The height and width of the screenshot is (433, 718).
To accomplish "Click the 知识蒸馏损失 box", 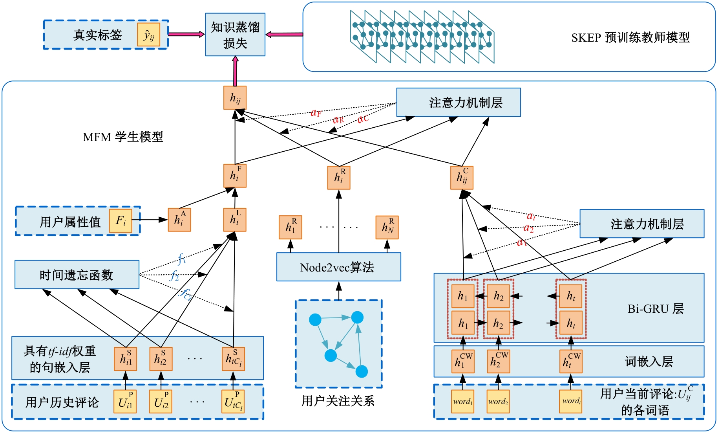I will tap(235, 35).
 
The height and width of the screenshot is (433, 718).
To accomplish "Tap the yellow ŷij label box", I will tap(148, 35).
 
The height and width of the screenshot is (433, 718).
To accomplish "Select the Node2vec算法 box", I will tap(338, 267).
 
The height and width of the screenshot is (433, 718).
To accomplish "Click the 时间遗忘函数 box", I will tap(77, 275).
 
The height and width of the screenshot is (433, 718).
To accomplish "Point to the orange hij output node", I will tap(235, 97).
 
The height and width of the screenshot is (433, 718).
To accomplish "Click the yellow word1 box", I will tap(462, 402).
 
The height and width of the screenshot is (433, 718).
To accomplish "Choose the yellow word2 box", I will tap(498, 402).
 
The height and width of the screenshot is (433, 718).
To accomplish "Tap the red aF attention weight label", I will tap(316, 113).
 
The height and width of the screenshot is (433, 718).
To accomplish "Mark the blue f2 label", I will tap(175, 276).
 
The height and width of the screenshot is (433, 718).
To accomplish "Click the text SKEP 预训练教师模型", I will tap(630, 38).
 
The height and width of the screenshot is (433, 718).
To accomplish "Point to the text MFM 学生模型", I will tap(123, 137).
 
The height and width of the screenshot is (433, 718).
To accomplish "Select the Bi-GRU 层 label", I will tap(655, 309).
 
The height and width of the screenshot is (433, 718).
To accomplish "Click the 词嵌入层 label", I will tap(649, 361).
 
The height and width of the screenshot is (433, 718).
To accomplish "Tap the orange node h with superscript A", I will tap(179, 220).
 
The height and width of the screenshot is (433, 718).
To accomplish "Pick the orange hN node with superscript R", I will tap(387, 227).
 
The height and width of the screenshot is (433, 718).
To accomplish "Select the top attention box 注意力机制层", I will tap(458, 103).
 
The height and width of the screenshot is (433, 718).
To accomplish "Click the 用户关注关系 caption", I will tap(338, 401).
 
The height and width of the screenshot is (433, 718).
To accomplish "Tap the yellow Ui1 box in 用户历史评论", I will tap(125, 402).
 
